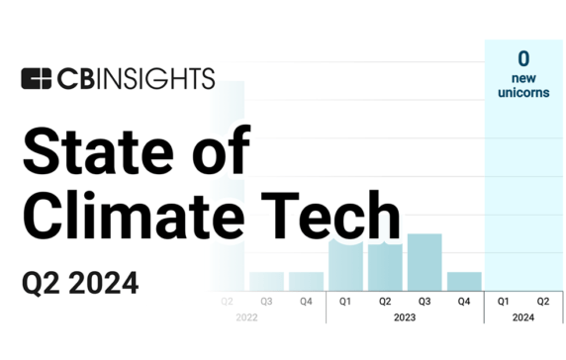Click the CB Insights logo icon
37,78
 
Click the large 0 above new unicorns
523,58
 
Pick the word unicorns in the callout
523,93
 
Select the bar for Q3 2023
424,261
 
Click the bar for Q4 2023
463,280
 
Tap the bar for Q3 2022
266,280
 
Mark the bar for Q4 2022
306,280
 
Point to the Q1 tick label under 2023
345,301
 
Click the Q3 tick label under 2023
424,301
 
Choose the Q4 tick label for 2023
463,301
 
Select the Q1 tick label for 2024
503,301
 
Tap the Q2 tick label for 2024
542,301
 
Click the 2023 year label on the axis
404,317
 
